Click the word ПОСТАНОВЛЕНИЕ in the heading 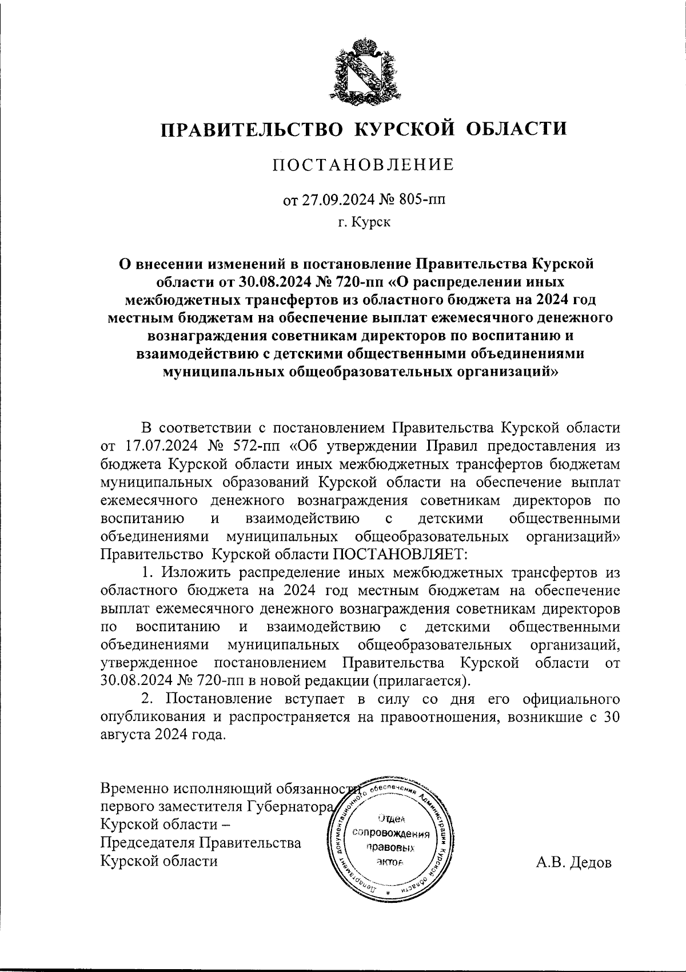tap(364, 165)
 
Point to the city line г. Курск tap(364, 222)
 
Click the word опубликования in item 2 tap(151, 717)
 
